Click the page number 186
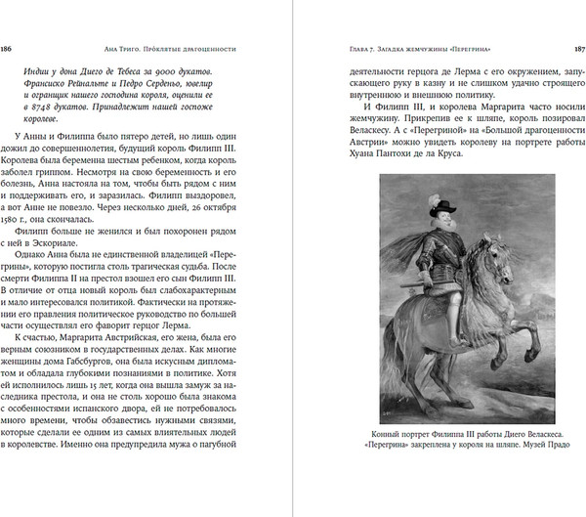[x=8, y=47]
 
